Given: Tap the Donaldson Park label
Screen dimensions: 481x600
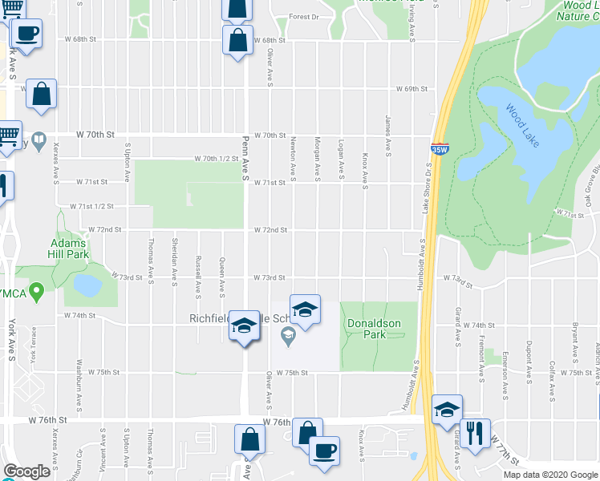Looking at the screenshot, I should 373,329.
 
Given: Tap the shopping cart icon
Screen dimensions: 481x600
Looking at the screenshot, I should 8,135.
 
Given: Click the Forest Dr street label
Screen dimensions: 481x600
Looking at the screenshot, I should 304,17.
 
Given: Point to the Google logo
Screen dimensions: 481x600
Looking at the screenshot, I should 27,471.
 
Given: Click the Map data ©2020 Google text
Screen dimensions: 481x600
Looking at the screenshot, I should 549,475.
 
